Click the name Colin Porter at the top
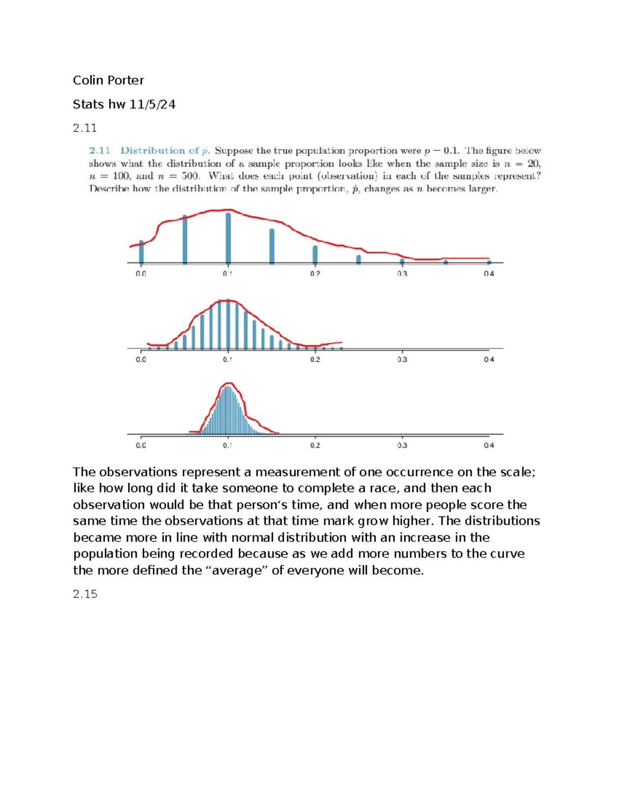click(108, 80)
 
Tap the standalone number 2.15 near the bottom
click(85, 594)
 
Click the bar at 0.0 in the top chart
click(141, 252)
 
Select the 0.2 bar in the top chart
click(315, 254)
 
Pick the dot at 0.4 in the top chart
click(489, 263)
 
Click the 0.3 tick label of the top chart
click(402, 274)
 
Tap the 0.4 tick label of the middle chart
click(488, 359)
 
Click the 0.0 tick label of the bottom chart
click(141, 445)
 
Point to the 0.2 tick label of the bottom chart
click(315, 445)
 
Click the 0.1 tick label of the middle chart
click(227, 359)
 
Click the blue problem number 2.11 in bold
click(100, 151)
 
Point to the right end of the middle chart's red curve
click(341, 342)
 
